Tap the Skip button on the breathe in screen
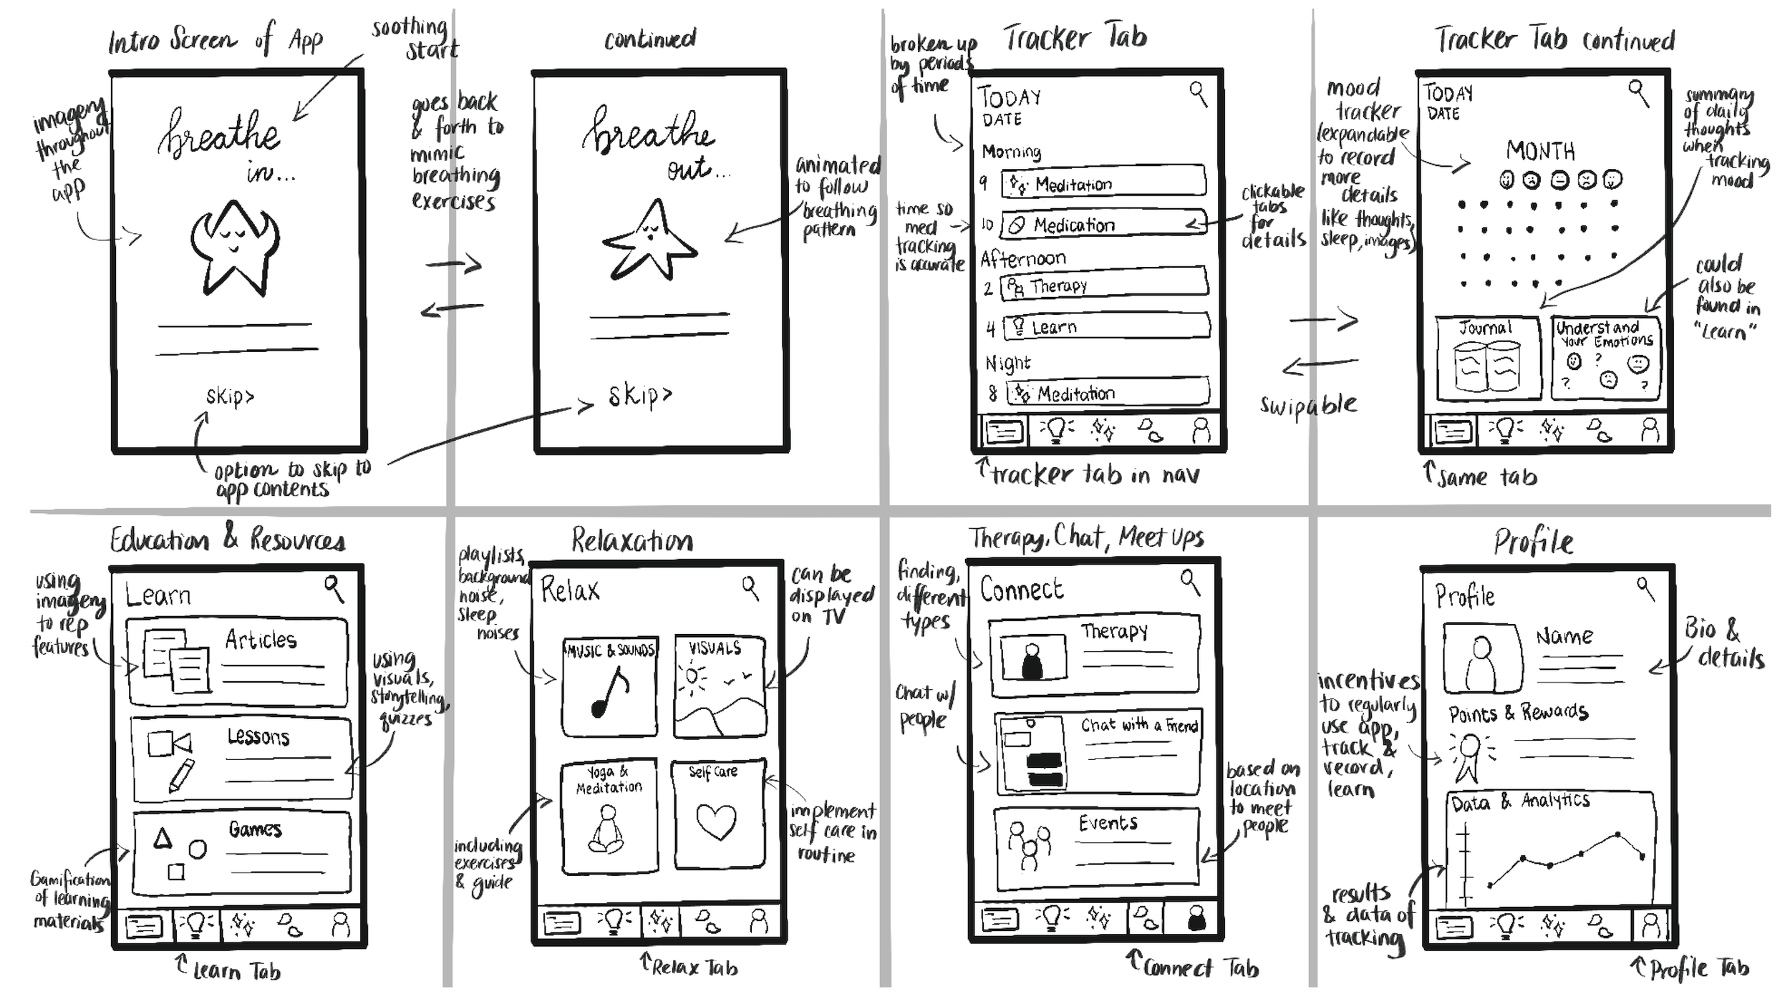(x=230, y=396)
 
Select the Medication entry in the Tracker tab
(x=1103, y=225)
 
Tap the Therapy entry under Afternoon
(x=1103, y=286)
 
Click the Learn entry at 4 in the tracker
(x=1106, y=327)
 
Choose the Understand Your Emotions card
(x=1605, y=358)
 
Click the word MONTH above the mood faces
(x=1540, y=151)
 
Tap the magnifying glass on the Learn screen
(x=334, y=588)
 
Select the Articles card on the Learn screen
(x=238, y=662)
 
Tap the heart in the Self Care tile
(x=717, y=821)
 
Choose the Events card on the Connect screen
(x=1096, y=848)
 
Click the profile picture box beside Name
(x=1481, y=658)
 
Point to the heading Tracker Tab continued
(x=1554, y=40)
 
